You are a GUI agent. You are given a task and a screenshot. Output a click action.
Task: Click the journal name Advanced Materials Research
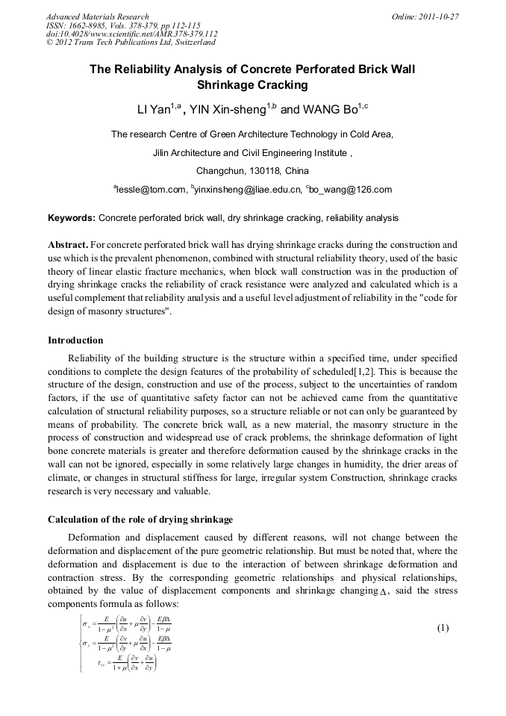pyautogui.click(x=97, y=16)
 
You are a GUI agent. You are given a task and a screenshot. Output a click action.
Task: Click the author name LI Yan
pyautogui.click(x=154, y=110)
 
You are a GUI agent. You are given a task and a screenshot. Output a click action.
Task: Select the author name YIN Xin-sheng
pyautogui.click(x=228, y=110)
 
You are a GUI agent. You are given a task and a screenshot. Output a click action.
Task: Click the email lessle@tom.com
pyautogui.click(x=151, y=190)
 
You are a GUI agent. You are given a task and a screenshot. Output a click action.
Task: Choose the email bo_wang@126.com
pyautogui.click(x=351, y=190)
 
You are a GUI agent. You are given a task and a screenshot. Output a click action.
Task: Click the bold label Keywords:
pyautogui.click(x=72, y=218)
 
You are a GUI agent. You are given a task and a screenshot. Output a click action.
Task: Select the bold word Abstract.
pyautogui.click(x=69, y=245)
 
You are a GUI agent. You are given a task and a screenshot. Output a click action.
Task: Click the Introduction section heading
pyautogui.click(x=75, y=340)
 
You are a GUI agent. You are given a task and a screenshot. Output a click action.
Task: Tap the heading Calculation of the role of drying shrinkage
pyautogui.click(x=140, y=520)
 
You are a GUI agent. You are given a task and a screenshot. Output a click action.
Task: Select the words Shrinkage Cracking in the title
pyautogui.click(x=252, y=85)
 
